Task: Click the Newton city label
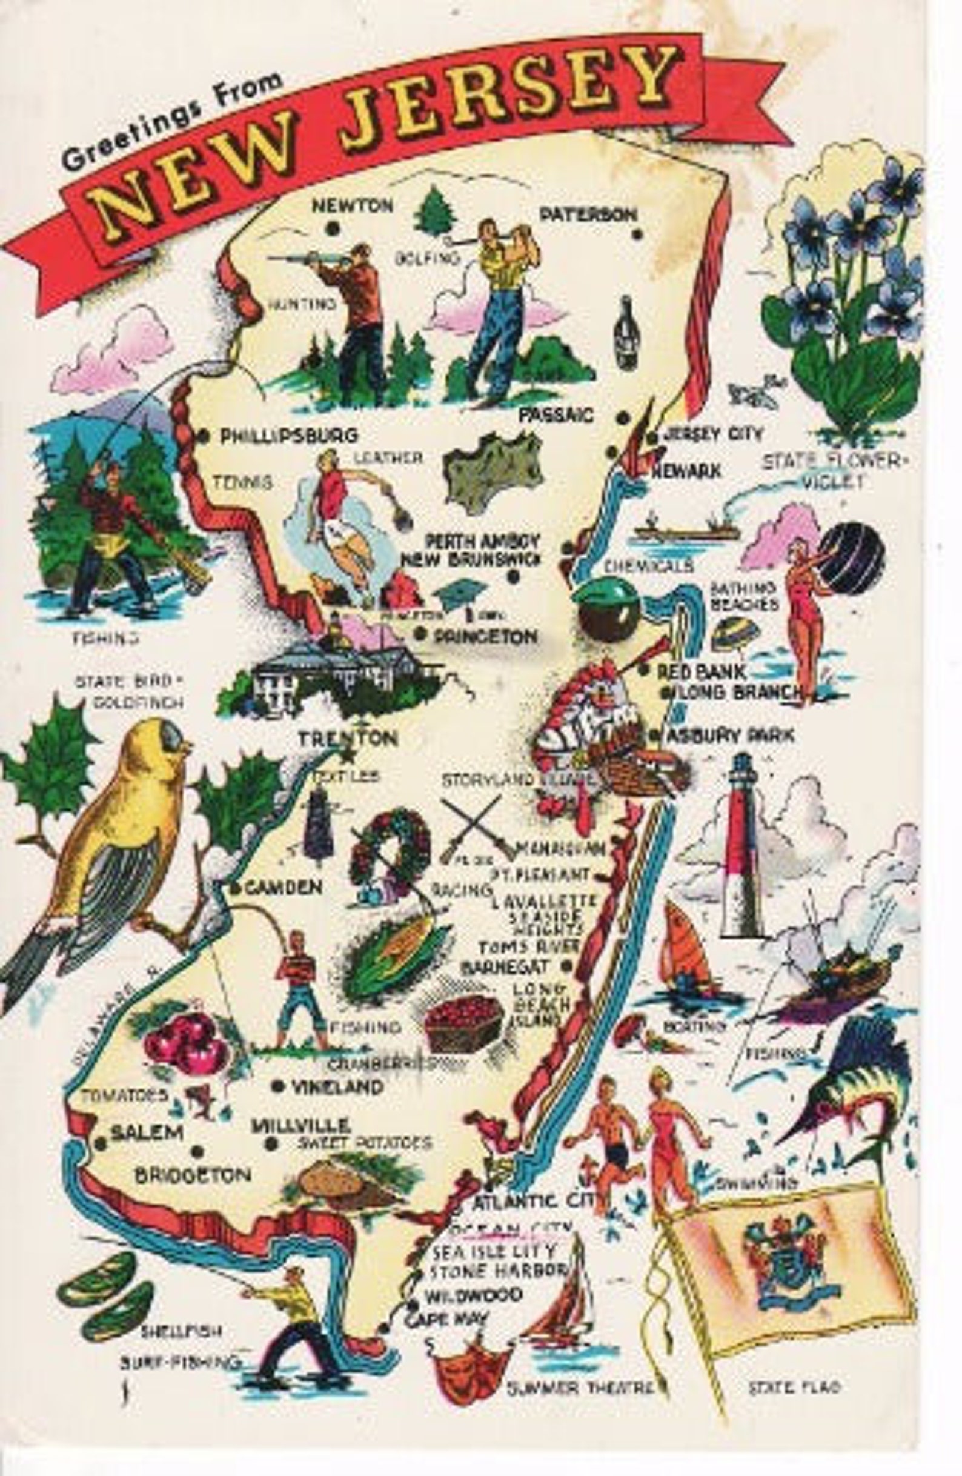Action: tap(352, 205)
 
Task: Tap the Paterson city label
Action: tap(588, 214)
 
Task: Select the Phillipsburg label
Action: tap(289, 436)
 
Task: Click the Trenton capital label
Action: tap(347, 738)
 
